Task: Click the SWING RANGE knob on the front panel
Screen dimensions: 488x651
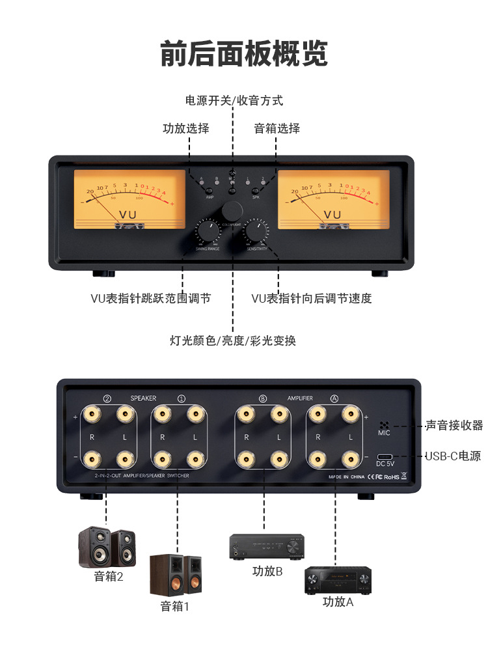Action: pos(209,232)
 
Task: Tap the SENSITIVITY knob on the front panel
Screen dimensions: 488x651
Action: pos(257,232)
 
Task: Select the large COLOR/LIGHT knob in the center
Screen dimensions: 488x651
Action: pos(232,211)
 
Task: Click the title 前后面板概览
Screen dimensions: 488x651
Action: pos(244,53)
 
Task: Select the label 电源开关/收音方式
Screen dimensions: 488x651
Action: pos(234,101)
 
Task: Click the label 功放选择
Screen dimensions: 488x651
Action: pos(186,128)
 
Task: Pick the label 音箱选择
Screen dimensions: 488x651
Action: pos(277,128)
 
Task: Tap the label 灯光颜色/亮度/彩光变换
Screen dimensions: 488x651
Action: pos(233,340)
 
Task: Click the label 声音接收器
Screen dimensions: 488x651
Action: pos(454,425)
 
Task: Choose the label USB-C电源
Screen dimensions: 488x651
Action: pos(453,456)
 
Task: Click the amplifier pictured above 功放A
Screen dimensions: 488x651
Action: pos(338,580)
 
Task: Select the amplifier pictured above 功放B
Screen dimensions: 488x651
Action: pos(267,547)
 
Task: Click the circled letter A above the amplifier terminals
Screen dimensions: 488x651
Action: pos(334,398)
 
